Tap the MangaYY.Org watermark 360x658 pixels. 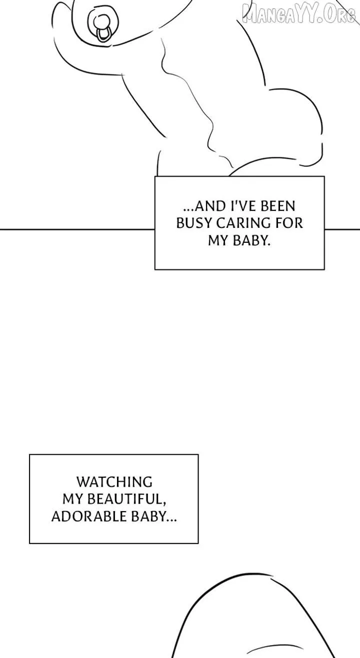299,14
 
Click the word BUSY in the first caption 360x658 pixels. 193,223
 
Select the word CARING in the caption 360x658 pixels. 243,223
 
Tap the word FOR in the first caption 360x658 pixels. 289,223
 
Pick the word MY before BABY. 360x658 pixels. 218,241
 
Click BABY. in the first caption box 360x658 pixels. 251,241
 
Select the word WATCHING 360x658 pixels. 114,482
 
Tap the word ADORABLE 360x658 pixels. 89,516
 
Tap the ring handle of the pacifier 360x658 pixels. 103,34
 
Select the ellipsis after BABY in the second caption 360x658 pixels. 172,520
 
